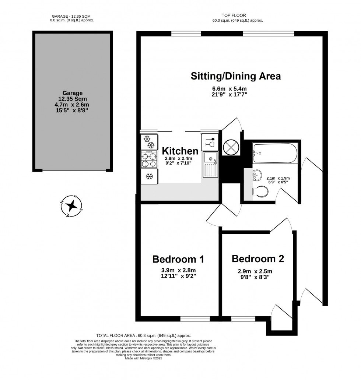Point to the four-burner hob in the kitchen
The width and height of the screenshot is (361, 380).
click(150, 160)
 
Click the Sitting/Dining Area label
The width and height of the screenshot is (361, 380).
click(236, 76)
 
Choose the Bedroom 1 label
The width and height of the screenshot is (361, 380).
click(178, 259)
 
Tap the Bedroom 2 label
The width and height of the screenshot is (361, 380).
click(257, 258)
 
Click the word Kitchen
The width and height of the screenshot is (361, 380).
click(180, 151)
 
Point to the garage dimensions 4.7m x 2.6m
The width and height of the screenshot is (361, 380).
click(73, 105)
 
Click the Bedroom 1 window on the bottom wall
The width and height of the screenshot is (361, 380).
click(195, 319)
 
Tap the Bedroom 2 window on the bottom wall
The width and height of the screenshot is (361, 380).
click(243, 319)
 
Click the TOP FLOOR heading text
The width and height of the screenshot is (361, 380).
click(234, 15)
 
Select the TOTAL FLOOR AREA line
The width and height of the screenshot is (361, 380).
click(143, 335)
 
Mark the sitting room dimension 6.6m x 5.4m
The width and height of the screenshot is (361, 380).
click(229, 89)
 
